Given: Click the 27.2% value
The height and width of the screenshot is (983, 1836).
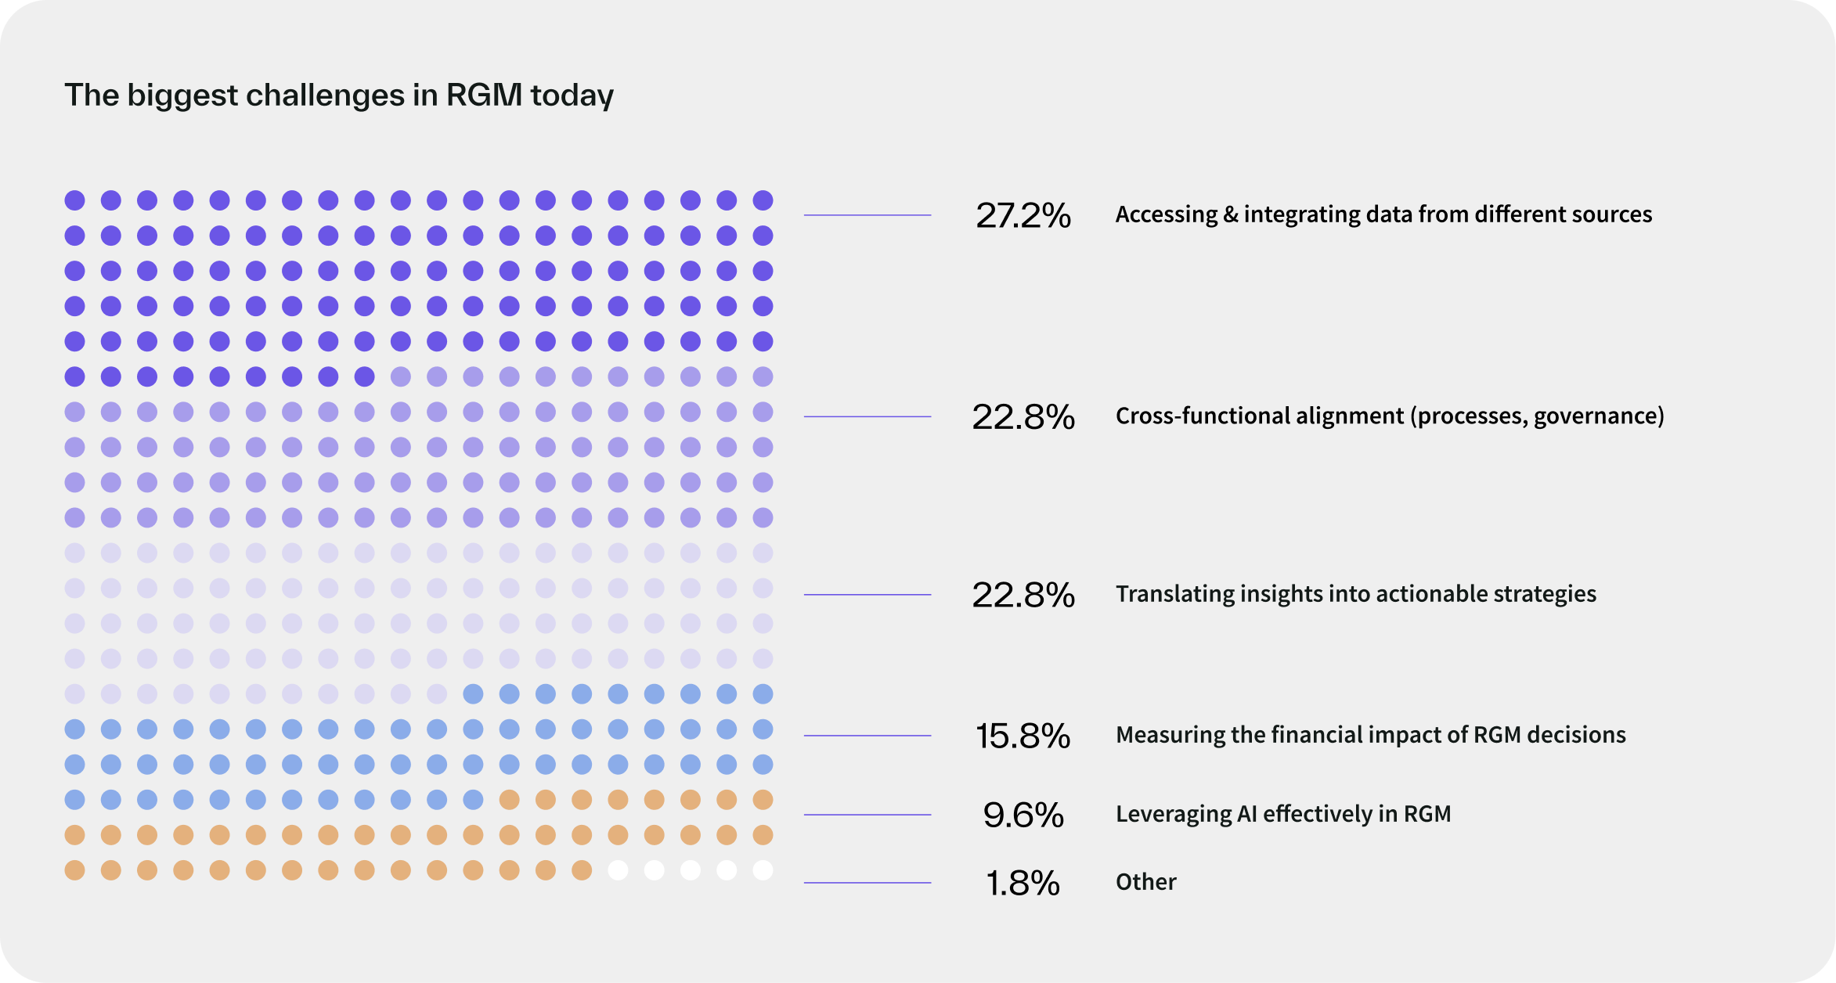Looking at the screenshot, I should [x=1023, y=215].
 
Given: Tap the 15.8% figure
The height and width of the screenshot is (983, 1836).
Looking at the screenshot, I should [x=1023, y=736].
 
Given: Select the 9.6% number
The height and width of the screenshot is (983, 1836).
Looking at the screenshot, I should [x=1023, y=815].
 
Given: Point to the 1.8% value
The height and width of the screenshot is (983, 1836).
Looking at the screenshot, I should [x=1023, y=883].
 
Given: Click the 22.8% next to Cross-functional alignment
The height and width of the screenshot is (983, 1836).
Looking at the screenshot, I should [x=1023, y=416].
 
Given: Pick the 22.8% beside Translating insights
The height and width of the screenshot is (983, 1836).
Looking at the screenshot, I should [x=1023, y=595].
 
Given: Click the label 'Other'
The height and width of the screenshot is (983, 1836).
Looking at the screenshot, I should [x=1145, y=882].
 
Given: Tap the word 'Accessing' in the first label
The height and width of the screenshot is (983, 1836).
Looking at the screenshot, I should [x=1166, y=214].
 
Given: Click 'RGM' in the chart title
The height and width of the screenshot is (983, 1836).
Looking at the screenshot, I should [x=483, y=95].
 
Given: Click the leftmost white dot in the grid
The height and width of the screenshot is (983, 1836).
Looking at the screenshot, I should [x=618, y=870].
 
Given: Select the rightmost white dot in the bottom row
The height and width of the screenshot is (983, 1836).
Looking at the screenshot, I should [x=763, y=870].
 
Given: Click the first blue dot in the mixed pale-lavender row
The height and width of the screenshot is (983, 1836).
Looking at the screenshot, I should [x=473, y=693].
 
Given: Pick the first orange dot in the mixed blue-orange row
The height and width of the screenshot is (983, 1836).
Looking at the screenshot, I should [x=509, y=800].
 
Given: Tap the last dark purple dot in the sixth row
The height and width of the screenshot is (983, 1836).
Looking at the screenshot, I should [x=364, y=376].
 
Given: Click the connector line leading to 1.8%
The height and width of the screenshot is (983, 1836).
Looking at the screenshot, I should [x=867, y=883].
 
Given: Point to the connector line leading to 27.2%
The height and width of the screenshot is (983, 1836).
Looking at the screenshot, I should [x=867, y=214].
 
